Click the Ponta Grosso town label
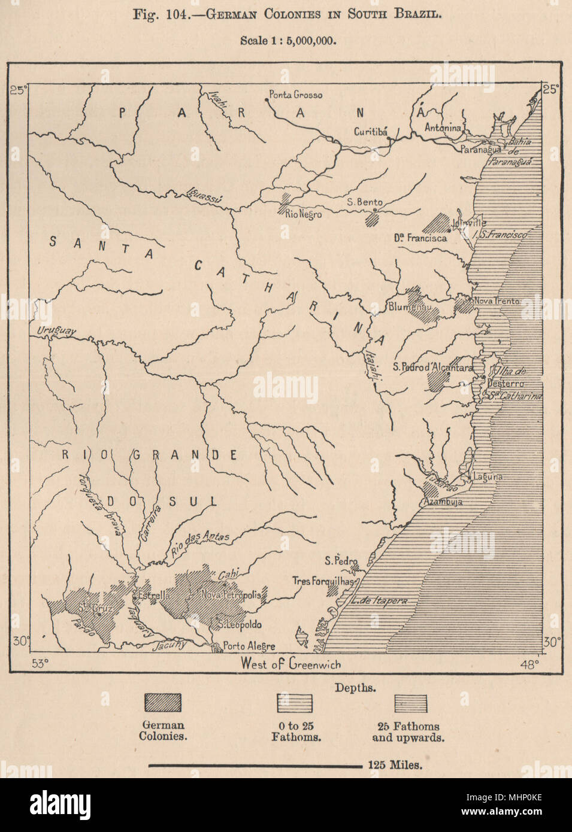click(x=295, y=95)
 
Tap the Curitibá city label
click(x=371, y=132)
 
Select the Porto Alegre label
click(x=249, y=646)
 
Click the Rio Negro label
click(x=303, y=214)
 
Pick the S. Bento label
click(x=365, y=202)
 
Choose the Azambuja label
click(x=443, y=502)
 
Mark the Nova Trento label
click(x=497, y=301)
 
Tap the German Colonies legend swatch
click(x=163, y=703)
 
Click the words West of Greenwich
click(x=291, y=663)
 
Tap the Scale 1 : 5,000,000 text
click(x=288, y=41)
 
